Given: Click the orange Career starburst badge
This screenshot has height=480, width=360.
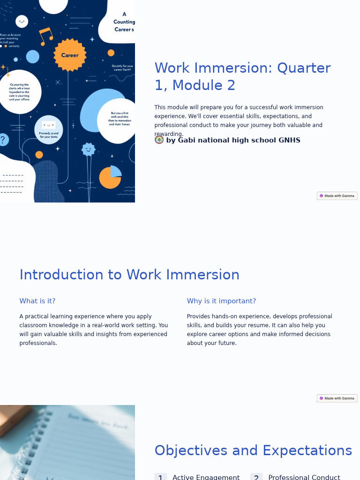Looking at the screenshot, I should click(70, 55).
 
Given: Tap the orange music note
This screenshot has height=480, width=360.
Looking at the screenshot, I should click(45, 36).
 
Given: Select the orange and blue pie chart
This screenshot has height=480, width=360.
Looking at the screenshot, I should click(110, 177).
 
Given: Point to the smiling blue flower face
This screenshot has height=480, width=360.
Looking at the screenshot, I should click(88, 150).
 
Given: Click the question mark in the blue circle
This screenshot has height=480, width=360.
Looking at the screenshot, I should click(3, 140).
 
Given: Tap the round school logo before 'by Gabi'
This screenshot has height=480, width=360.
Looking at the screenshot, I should click(159, 140).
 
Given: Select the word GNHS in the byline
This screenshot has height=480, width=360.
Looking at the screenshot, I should click(289, 140).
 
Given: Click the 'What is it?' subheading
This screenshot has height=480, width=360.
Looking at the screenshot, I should click(37, 301).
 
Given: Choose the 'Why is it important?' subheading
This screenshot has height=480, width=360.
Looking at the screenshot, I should click(221, 301).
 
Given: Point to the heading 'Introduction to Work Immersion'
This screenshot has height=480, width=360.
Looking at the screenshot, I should click(129, 275).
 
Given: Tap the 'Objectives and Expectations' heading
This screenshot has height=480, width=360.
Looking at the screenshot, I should click(253, 450).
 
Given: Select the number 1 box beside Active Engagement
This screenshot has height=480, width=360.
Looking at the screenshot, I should click(160, 477).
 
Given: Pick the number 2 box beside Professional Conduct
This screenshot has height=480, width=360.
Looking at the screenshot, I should click(256, 477).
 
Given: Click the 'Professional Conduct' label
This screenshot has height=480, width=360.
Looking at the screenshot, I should click(304, 477).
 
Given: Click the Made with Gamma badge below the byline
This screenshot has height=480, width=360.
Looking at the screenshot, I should click(337, 196).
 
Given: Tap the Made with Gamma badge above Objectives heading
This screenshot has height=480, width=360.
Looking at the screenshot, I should click(337, 398).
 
